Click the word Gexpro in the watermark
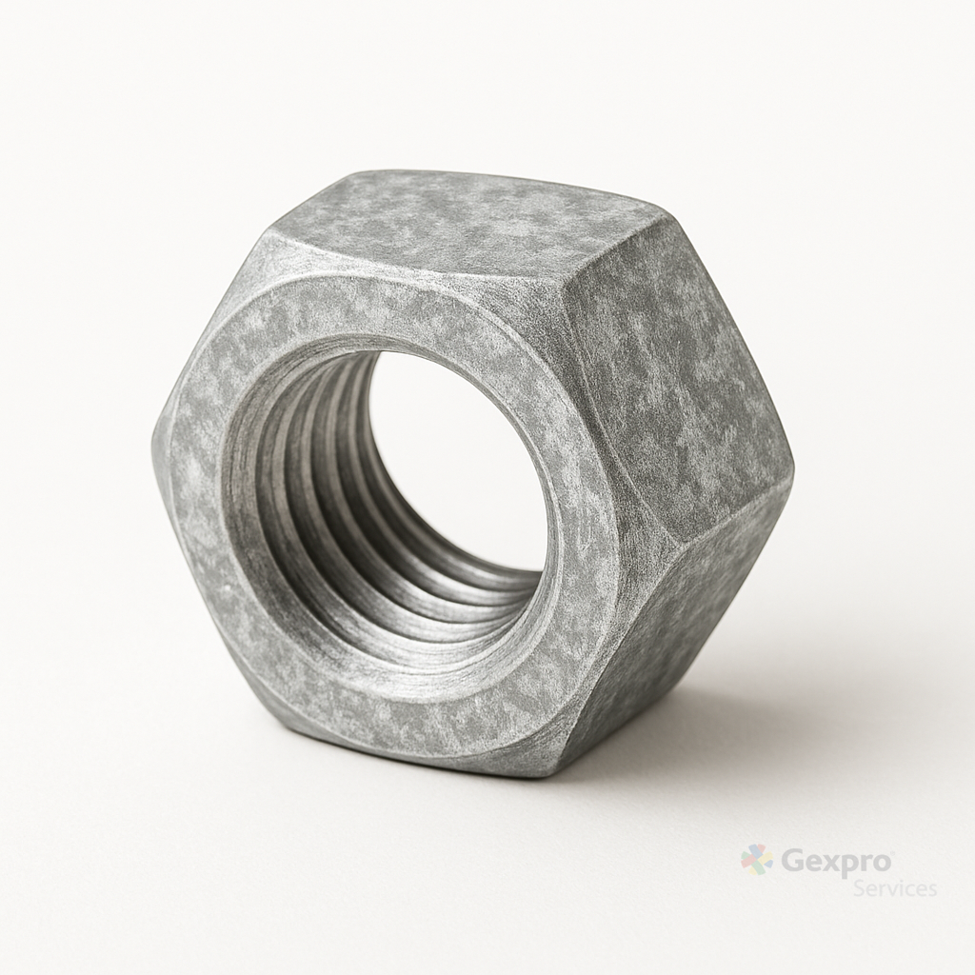835,863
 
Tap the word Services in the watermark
894,888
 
